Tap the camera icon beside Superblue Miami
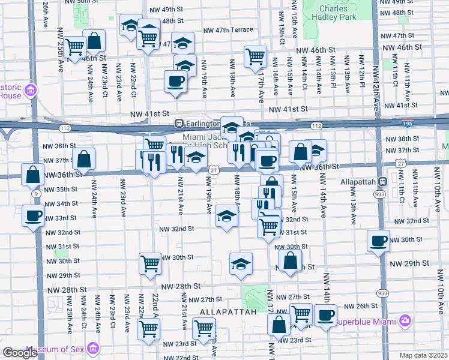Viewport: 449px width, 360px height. [405, 321]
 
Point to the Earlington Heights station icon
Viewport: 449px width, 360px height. [178, 123]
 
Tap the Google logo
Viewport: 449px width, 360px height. [19, 353]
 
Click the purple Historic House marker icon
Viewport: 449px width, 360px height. [30, 91]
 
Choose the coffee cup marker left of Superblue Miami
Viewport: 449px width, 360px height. [326, 316]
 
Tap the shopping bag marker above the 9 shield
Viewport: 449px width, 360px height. [32, 175]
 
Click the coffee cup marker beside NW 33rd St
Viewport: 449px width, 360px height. [33, 215]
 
